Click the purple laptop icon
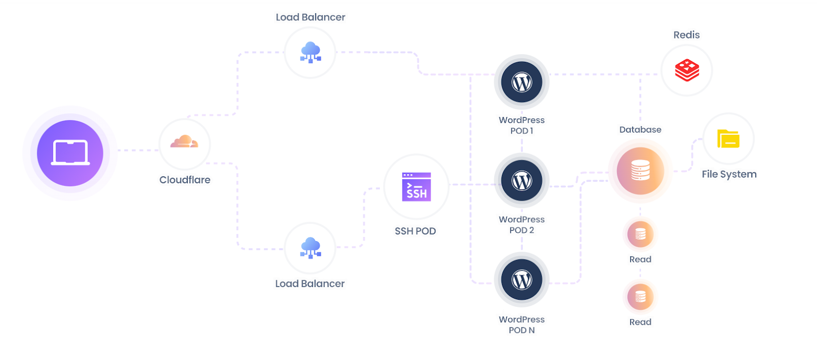point(70,153)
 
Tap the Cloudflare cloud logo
point(184,142)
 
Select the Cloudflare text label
point(185,180)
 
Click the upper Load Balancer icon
point(310,52)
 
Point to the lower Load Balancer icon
point(310,248)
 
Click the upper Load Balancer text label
point(310,17)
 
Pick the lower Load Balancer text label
point(310,283)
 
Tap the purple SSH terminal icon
point(416,187)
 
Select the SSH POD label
point(415,231)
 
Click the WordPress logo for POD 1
point(521,82)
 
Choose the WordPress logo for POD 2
point(521,181)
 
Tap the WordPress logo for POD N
point(521,280)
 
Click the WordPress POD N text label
point(521,325)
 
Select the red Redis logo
point(687,70)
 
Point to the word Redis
point(686,35)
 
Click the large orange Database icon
point(640,171)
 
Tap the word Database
point(640,130)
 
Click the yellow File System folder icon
point(728,138)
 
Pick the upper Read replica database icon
point(640,234)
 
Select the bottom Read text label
point(640,322)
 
